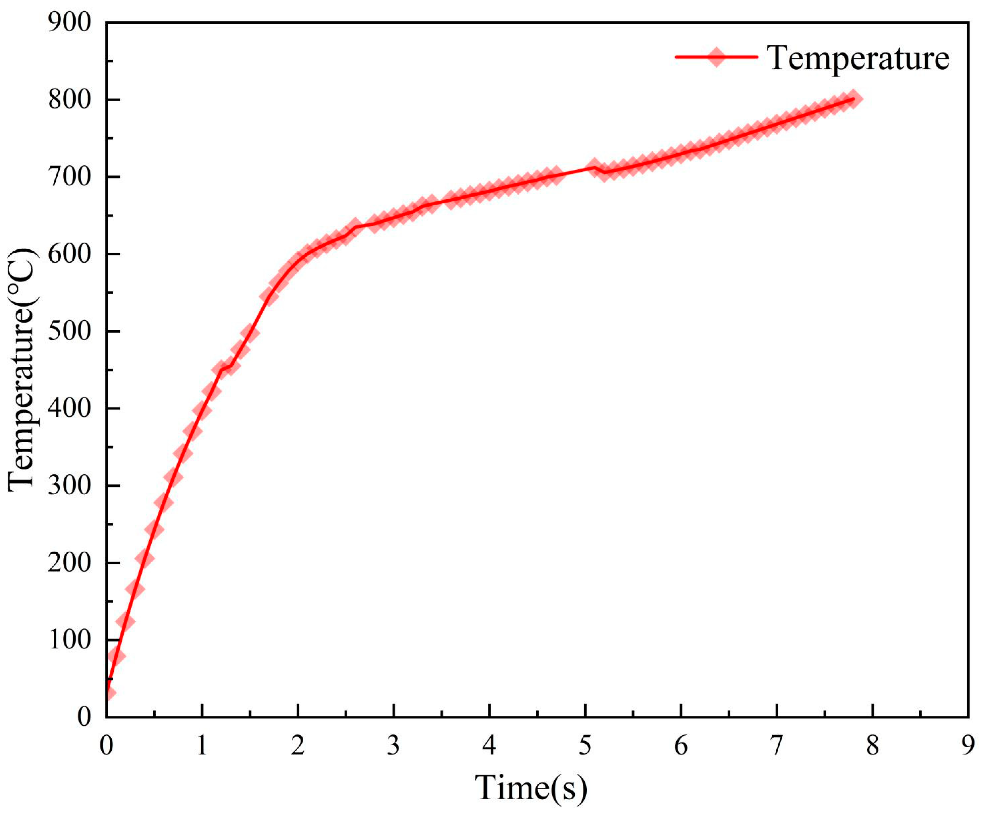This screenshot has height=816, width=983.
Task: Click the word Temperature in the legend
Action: tap(858, 58)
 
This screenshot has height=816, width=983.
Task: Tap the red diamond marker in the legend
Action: tap(716, 57)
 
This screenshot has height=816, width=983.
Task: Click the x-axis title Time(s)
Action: tap(531, 787)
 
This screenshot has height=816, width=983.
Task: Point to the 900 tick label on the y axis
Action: tap(69, 22)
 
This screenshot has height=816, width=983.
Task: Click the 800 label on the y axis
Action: tap(69, 100)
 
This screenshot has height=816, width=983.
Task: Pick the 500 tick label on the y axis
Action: tap(69, 331)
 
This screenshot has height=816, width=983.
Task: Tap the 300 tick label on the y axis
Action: tap(69, 486)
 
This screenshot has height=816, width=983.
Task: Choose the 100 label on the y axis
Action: tap(69, 640)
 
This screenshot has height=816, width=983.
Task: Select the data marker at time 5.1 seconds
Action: tap(594, 167)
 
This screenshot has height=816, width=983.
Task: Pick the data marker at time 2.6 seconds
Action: tap(355, 226)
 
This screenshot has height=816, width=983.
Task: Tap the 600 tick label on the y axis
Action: tap(69, 254)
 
